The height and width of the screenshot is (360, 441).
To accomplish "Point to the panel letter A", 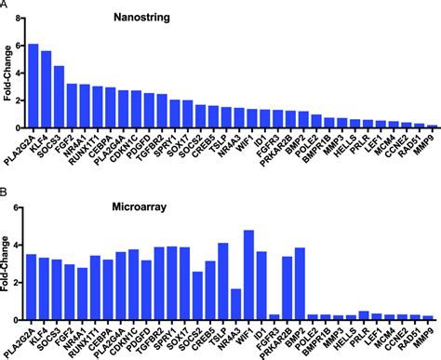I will tap(6, 7).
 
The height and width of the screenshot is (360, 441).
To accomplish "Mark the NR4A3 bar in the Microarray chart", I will tap(236, 304).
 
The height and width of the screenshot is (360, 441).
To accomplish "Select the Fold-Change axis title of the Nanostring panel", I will tap(7, 86).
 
